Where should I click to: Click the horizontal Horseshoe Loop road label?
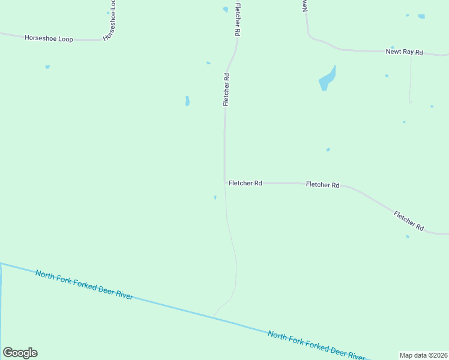tap(49, 39)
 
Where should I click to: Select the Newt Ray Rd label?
tap(404, 52)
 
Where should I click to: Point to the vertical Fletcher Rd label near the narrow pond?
tap(226, 89)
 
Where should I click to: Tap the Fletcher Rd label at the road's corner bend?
tap(245, 183)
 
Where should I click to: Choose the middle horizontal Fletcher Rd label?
tap(322, 185)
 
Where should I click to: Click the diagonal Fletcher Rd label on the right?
tap(409, 221)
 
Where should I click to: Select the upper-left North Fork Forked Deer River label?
tap(84, 285)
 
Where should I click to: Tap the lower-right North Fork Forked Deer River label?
tap(316, 346)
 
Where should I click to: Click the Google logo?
tap(20, 353)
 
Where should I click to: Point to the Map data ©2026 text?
tap(423, 355)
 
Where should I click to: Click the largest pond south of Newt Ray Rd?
tap(327, 79)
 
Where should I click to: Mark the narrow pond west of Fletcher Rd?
tap(187, 101)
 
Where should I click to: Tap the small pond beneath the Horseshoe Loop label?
tap(47, 67)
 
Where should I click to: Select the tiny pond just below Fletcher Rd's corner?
tap(215, 197)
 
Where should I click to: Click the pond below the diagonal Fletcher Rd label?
tap(408, 236)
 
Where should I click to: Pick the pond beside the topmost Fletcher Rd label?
tap(225, 10)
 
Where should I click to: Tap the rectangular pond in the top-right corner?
tap(421, 16)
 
